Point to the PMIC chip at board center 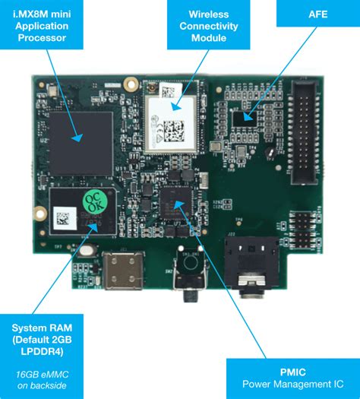[173, 200]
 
